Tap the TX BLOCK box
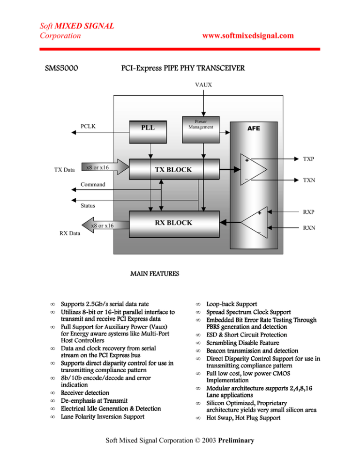173,169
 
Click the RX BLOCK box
173,223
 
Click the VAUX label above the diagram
203,85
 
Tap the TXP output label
308,159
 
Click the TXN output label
308,180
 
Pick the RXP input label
308,212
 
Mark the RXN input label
308,229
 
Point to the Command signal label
93,185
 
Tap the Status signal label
87,206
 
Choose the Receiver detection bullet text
85,392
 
